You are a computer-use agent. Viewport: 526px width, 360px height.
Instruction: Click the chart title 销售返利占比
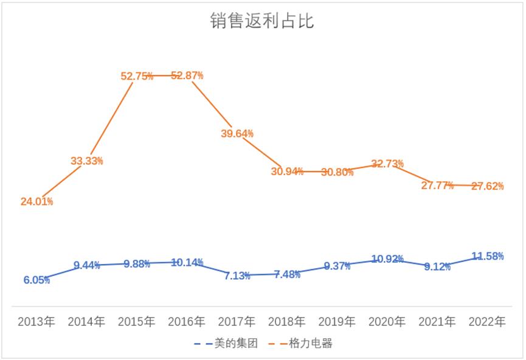(x=262, y=21)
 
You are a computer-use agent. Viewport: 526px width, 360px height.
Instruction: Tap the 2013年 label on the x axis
(x=36, y=322)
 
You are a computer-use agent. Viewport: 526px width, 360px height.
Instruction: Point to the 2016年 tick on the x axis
(x=187, y=322)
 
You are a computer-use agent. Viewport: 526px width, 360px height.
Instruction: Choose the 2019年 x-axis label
(x=337, y=322)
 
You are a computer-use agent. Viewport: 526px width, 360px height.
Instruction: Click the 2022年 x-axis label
(x=487, y=322)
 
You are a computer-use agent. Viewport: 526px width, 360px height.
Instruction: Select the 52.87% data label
(x=187, y=75)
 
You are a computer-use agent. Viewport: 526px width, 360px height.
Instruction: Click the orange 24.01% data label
(x=36, y=201)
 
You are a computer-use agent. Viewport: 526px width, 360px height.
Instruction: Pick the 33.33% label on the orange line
(x=86, y=161)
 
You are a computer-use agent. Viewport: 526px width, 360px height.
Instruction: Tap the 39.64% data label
(x=237, y=133)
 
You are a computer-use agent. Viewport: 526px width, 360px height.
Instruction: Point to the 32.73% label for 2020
(x=387, y=164)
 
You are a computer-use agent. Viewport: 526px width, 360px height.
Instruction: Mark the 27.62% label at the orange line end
(x=487, y=186)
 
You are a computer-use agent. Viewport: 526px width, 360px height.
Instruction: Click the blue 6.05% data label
(x=36, y=280)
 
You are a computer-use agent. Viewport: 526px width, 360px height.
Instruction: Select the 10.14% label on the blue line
(x=187, y=263)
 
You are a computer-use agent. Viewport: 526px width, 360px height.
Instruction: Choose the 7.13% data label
(x=237, y=275)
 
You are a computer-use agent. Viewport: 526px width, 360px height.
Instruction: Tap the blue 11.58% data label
(x=487, y=256)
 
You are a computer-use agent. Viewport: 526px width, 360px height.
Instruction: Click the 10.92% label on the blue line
(x=387, y=259)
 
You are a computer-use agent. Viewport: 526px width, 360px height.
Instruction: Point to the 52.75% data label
(x=137, y=76)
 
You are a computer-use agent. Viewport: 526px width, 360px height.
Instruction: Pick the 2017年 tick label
(x=237, y=322)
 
